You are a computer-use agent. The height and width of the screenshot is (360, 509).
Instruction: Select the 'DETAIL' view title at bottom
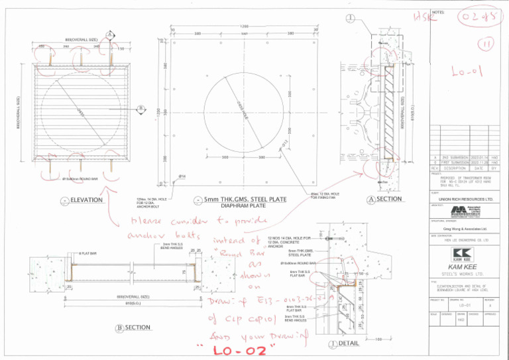[x=348, y=344]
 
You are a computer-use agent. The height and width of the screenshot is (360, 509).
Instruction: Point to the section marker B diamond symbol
[x=141, y=109]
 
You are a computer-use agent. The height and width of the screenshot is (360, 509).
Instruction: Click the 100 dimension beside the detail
[x=376, y=339]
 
